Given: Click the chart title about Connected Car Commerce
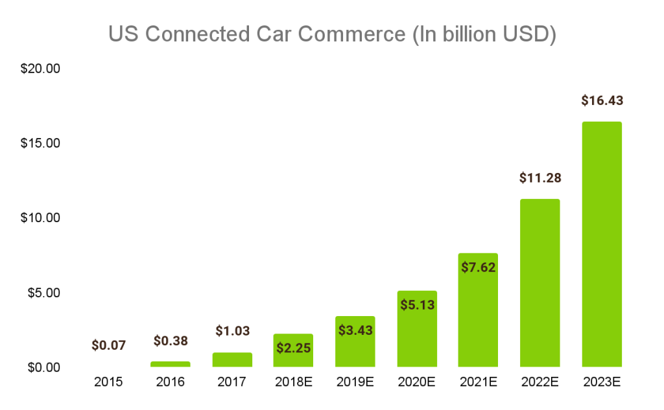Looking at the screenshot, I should coord(332,34).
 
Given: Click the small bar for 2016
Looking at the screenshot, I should coord(170,364).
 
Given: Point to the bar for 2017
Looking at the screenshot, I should coord(231,359).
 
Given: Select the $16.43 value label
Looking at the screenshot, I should coord(602,100).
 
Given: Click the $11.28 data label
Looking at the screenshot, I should coord(539,177).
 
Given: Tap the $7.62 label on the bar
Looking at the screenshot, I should coord(478,267).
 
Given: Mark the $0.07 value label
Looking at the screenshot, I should coord(108,345).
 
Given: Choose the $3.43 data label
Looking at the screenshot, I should coord(355,330).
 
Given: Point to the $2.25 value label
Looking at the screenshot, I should coord(293,348).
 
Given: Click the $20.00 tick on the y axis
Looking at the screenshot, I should coord(40,68).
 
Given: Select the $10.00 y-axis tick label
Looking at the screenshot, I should coord(40,218).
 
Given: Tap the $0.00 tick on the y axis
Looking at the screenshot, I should coord(43,367).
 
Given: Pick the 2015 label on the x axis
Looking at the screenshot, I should coord(108,382).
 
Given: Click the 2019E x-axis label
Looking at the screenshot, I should coord(355,382).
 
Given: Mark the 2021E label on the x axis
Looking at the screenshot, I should coord(478,382).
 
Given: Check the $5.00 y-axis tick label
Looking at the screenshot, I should coord(43,293).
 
